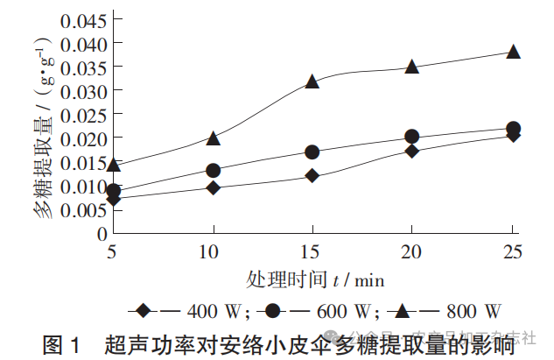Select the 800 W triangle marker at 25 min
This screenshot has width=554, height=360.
pos(514,52)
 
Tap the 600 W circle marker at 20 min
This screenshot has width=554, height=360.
pos(412,137)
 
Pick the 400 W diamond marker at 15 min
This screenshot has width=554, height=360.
pos(312,176)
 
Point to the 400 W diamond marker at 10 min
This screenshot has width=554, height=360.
pos(213,187)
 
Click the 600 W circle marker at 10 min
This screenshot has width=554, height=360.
pos(213,170)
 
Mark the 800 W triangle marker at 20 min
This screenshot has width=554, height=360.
pos(412,67)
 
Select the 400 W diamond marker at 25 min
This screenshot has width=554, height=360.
pos(514,135)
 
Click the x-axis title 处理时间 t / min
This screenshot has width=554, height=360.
pos(314,279)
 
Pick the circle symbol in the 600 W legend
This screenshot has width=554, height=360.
pos(273,311)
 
